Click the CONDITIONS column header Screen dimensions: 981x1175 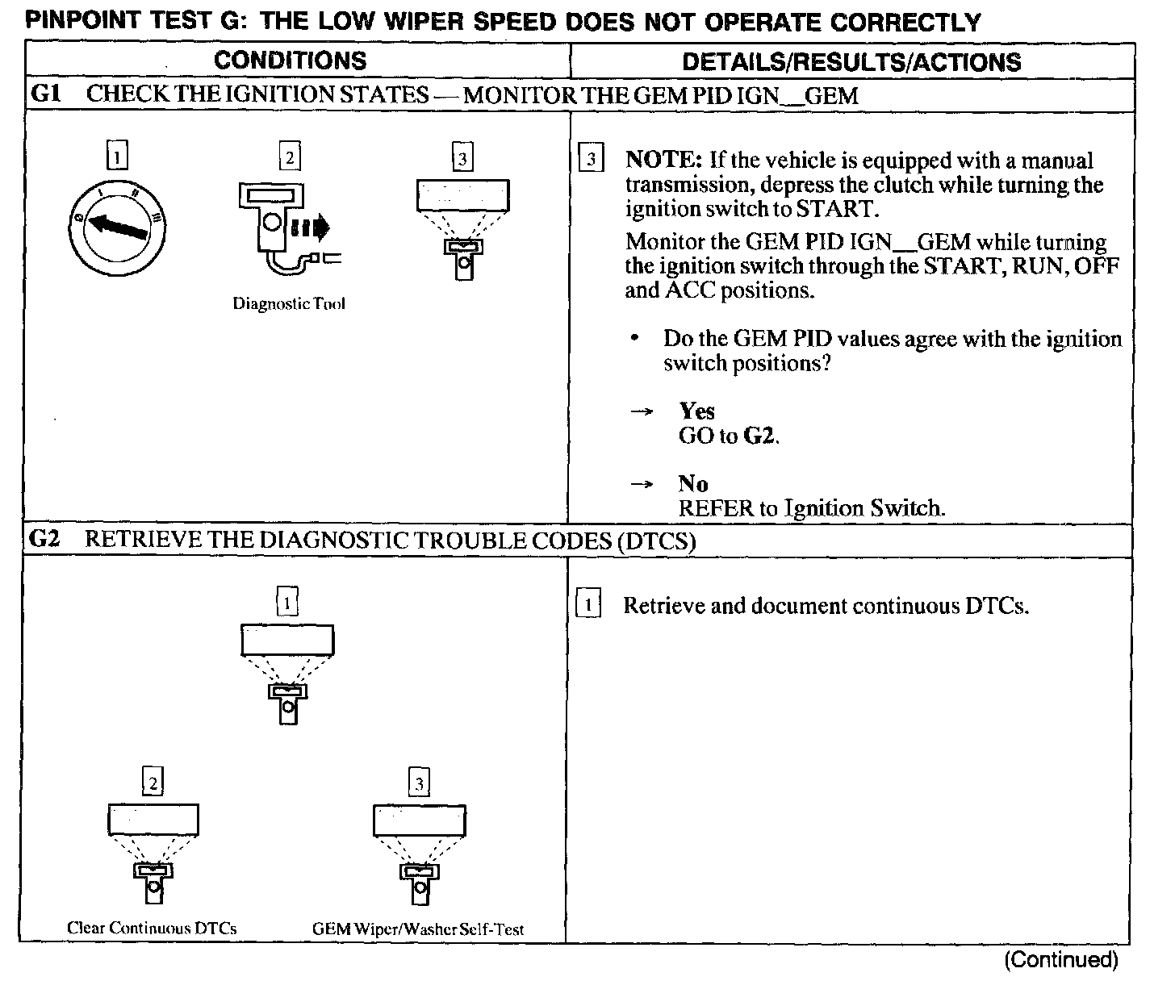tap(290, 61)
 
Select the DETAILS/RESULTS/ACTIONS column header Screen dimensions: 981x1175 tap(851, 62)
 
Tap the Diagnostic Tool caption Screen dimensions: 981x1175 tap(289, 304)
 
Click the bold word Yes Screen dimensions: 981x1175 tap(696, 411)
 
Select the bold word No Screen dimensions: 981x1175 tap(693, 484)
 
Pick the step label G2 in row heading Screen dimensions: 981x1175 tap(44, 539)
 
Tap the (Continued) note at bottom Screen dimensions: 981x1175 tap(1061, 959)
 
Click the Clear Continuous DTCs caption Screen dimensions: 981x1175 tap(152, 928)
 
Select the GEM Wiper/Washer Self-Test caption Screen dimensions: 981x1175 tap(418, 929)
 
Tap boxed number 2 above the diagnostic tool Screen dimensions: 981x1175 tap(289, 157)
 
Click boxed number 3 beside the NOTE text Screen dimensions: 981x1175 tap(591, 159)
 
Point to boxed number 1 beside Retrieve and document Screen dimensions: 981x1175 tap(588, 605)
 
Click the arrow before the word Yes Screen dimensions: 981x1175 tap(641, 412)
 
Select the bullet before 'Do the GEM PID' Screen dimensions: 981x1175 tap(638, 339)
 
